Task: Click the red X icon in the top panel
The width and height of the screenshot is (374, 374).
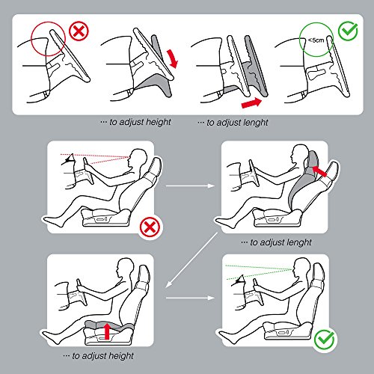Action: coord(79,31)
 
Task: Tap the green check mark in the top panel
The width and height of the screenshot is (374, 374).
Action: coord(348,31)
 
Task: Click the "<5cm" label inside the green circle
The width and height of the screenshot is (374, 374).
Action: coord(316,40)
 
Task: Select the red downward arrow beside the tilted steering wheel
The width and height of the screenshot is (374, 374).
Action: coord(172,58)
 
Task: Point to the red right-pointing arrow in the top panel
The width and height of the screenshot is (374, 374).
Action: coord(251,102)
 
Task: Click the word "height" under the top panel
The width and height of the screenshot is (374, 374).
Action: coord(158,122)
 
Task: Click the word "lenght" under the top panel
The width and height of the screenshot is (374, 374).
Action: coord(255,122)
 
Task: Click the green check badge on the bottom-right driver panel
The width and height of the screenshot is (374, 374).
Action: coord(324,340)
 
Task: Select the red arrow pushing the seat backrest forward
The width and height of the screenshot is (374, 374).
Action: coord(319,171)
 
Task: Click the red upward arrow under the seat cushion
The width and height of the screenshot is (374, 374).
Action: coord(107,331)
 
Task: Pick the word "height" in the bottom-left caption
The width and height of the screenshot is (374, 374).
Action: coord(121,355)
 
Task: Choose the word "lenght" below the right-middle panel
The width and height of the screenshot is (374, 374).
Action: coord(299,242)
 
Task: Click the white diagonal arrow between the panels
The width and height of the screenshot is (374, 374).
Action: coord(191,260)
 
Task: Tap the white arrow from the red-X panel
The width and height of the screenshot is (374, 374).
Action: coord(190,186)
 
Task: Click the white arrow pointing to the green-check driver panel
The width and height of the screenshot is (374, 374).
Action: coord(190,298)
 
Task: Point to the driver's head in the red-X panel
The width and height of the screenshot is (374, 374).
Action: coord(137,158)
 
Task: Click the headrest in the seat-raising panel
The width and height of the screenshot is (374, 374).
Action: coord(144,274)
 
